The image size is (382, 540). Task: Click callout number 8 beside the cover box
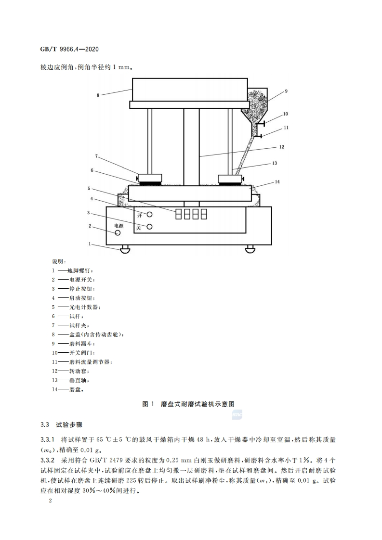tap(98, 95)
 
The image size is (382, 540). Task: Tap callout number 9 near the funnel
tap(285, 91)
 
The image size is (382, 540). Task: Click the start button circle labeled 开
tap(149, 215)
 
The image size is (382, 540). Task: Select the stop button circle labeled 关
tap(149, 227)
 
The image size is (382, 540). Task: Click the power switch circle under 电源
tap(118, 233)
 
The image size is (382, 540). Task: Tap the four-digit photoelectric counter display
tap(191, 214)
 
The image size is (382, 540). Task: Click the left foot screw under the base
tap(125, 249)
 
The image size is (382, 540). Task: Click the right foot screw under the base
tap(250, 249)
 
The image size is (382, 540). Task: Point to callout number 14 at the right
tap(277, 182)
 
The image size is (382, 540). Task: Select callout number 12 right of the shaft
tap(282, 147)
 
